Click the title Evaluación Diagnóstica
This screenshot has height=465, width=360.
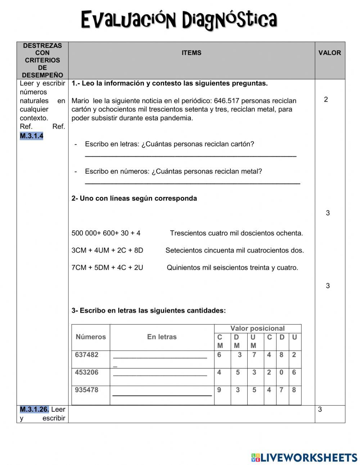click(x=179, y=20)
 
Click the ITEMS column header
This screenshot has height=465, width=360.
click(x=191, y=53)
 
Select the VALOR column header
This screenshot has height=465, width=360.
click(x=329, y=53)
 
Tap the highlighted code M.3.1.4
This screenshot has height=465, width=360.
click(x=31, y=136)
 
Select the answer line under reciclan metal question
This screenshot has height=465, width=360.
click(x=192, y=183)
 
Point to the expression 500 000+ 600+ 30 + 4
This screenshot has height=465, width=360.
click(x=106, y=233)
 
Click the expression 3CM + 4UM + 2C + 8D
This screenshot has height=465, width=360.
click(x=107, y=250)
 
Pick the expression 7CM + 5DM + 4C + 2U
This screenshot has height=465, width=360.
click(x=107, y=268)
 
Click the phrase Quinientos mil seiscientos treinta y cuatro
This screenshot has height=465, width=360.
click(x=232, y=268)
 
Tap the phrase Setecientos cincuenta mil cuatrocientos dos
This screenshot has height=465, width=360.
click(x=234, y=250)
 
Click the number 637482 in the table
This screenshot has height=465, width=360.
click(x=86, y=355)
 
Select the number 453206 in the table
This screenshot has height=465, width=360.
click(x=86, y=372)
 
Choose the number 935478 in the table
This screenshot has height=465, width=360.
click(x=86, y=390)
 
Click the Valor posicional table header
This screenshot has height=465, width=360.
click(x=257, y=328)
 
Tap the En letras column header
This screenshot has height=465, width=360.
click(x=162, y=337)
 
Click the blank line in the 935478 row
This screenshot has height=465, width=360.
click(x=162, y=395)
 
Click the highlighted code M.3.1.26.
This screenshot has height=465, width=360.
click(x=34, y=410)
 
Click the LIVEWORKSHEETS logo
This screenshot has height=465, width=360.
click(x=304, y=457)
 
